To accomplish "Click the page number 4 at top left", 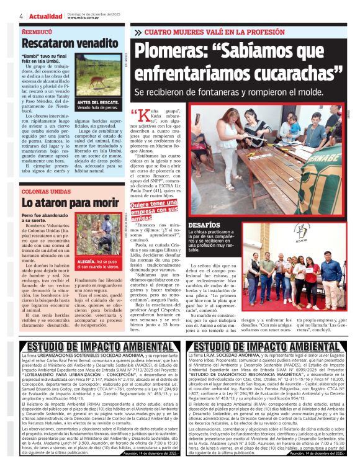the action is (21, 16).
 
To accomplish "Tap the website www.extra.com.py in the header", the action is (84, 17).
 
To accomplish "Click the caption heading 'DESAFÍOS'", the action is (204, 225).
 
